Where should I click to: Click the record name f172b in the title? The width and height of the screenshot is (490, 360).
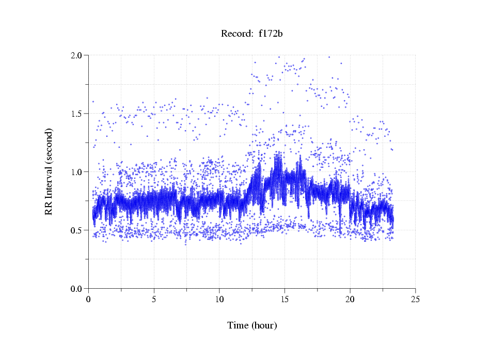pyautogui.click(x=271, y=34)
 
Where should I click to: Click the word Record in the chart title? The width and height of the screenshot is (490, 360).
pyautogui.click(x=234, y=34)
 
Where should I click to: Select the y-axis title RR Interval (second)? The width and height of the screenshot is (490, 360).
pyautogui.click(x=49, y=171)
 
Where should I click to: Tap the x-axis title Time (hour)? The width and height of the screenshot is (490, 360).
pyautogui.click(x=252, y=325)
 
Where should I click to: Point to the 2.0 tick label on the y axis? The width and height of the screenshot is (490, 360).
pyautogui.click(x=78, y=55)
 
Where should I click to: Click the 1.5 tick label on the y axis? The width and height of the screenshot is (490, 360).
pyautogui.click(x=78, y=114)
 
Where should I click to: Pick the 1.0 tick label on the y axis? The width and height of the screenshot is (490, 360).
pyautogui.click(x=78, y=172)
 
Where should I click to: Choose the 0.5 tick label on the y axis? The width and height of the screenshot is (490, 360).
pyautogui.click(x=78, y=230)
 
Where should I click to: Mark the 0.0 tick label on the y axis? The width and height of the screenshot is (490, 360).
pyautogui.click(x=78, y=289)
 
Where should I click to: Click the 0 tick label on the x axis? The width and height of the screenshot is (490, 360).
pyautogui.click(x=89, y=299)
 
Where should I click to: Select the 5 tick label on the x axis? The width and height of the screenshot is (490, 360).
pyautogui.click(x=154, y=299)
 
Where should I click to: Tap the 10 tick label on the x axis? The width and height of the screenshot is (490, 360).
pyautogui.click(x=219, y=299)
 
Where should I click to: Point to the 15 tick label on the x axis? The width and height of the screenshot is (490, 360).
pyautogui.click(x=284, y=299)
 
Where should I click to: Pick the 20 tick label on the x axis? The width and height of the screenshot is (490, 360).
pyautogui.click(x=350, y=299)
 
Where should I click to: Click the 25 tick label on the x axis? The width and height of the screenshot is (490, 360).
pyautogui.click(x=415, y=299)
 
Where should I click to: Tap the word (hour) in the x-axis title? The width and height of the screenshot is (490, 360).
pyautogui.click(x=264, y=325)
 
